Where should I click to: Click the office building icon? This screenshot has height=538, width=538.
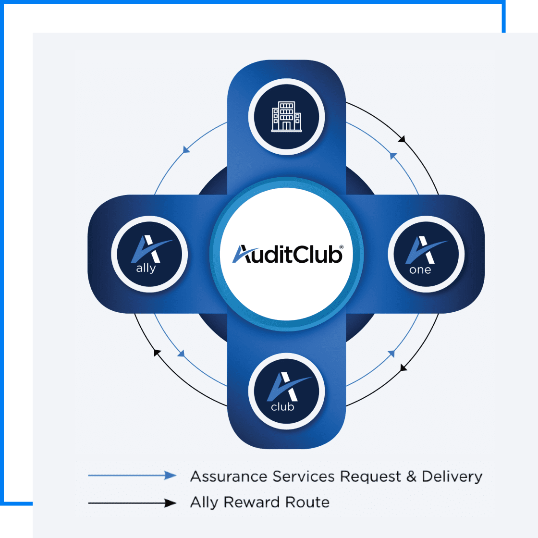[286, 116]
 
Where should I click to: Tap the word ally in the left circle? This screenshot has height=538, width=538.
[146, 268]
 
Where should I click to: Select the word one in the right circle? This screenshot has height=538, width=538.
[420, 270]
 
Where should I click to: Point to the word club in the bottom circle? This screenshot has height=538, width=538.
[282, 407]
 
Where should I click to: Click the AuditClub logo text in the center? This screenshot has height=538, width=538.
[287, 254]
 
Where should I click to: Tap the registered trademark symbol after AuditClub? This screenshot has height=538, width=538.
[341, 246]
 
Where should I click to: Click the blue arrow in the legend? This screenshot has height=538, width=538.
[133, 476]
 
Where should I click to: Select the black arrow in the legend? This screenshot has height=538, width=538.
[133, 503]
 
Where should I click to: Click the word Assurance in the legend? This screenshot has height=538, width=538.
[229, 477]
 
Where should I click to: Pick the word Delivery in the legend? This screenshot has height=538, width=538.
[452, 477]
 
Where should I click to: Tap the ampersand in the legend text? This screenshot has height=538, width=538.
[411, 477]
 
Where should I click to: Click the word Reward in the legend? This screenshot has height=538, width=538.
[252, 502]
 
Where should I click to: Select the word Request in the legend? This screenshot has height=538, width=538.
[370, 477]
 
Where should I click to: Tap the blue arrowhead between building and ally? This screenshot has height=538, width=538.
[186, 150]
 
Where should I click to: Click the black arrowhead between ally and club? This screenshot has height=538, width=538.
[157, 353]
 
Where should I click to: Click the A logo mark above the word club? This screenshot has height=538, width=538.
[285, 387]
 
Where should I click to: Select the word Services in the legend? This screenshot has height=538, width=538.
[303, 477]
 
